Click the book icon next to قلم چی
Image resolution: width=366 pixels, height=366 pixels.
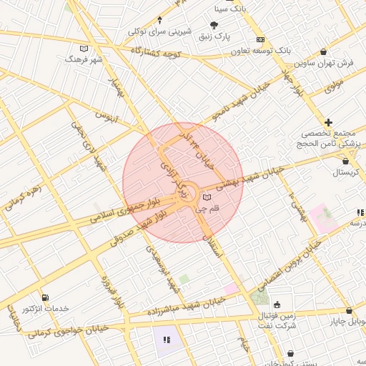(x=207, y=196)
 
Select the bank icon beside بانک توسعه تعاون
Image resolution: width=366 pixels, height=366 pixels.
(x=260, y=39)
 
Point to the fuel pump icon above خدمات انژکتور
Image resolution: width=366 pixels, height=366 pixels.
(x=46, y=297)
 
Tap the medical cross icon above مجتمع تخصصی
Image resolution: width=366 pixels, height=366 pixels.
(x=328, y=122)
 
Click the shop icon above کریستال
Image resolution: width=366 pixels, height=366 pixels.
(x=346, y=161)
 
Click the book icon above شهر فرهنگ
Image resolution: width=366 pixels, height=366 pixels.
(x=84, y=49)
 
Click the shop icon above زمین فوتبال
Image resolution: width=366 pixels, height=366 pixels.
(x=277, y=305)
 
